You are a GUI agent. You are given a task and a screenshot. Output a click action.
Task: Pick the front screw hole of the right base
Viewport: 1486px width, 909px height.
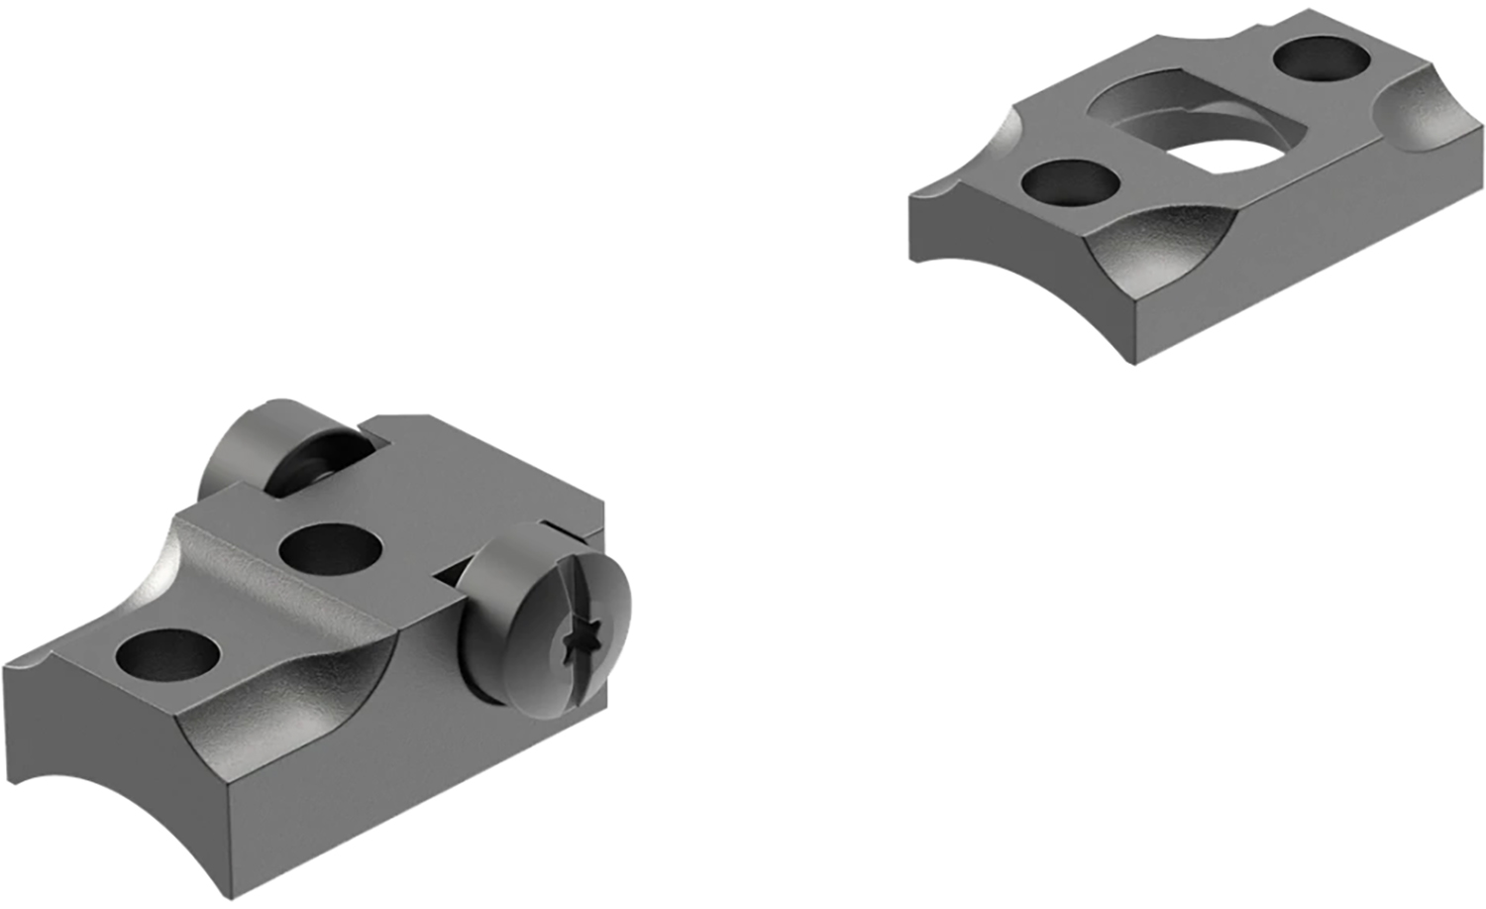tap(1070, 184)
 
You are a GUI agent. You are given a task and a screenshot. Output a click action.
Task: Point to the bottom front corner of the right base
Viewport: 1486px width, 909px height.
tap(1134, 362)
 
